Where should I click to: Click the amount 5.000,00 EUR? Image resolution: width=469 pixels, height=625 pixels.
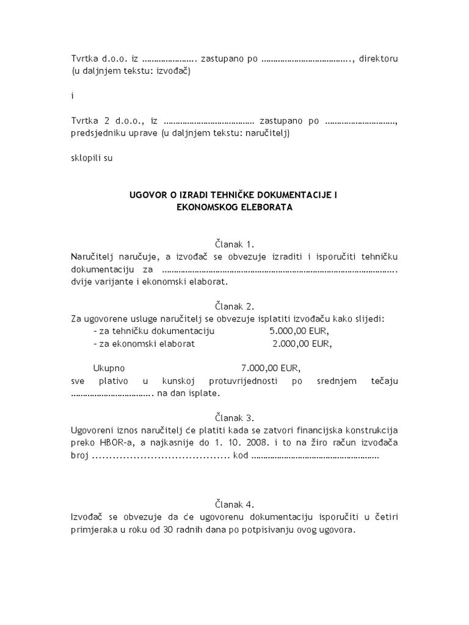(x=299, y=331)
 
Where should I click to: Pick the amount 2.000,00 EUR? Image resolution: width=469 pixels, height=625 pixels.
(x=302, y=344)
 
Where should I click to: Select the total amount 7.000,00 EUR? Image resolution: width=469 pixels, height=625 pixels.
(x=271, y=369)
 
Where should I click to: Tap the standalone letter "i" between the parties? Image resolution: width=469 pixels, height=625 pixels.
(x=72, y=96)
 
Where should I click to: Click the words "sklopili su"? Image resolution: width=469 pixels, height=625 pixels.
(x=92, y=157)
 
